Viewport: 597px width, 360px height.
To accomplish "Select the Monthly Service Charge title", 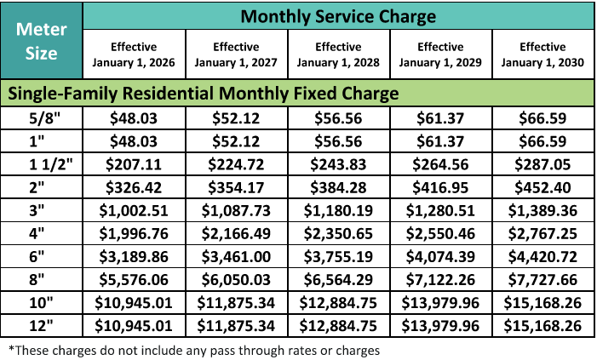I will [338, 16].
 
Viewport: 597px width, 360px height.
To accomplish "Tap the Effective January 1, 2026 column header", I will [135, 54].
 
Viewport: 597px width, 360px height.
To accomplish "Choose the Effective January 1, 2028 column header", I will [339, 54].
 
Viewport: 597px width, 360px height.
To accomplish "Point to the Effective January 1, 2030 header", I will [543, 54].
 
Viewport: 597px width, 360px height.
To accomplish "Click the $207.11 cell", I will [135, 163].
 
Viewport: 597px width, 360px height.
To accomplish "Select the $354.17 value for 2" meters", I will [237, 186].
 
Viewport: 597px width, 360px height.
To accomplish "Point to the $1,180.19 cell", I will [339, 209].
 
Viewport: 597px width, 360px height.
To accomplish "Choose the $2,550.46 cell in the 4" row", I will [441, 231].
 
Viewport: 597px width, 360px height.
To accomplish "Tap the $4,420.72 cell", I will [543, 254].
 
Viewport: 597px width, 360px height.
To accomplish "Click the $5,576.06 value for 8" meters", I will [135, 277].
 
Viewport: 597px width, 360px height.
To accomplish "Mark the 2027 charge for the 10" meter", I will [237, 301].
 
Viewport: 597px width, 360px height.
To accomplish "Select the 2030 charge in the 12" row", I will [543, 324].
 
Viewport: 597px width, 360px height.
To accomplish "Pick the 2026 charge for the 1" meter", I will [135, 140].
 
